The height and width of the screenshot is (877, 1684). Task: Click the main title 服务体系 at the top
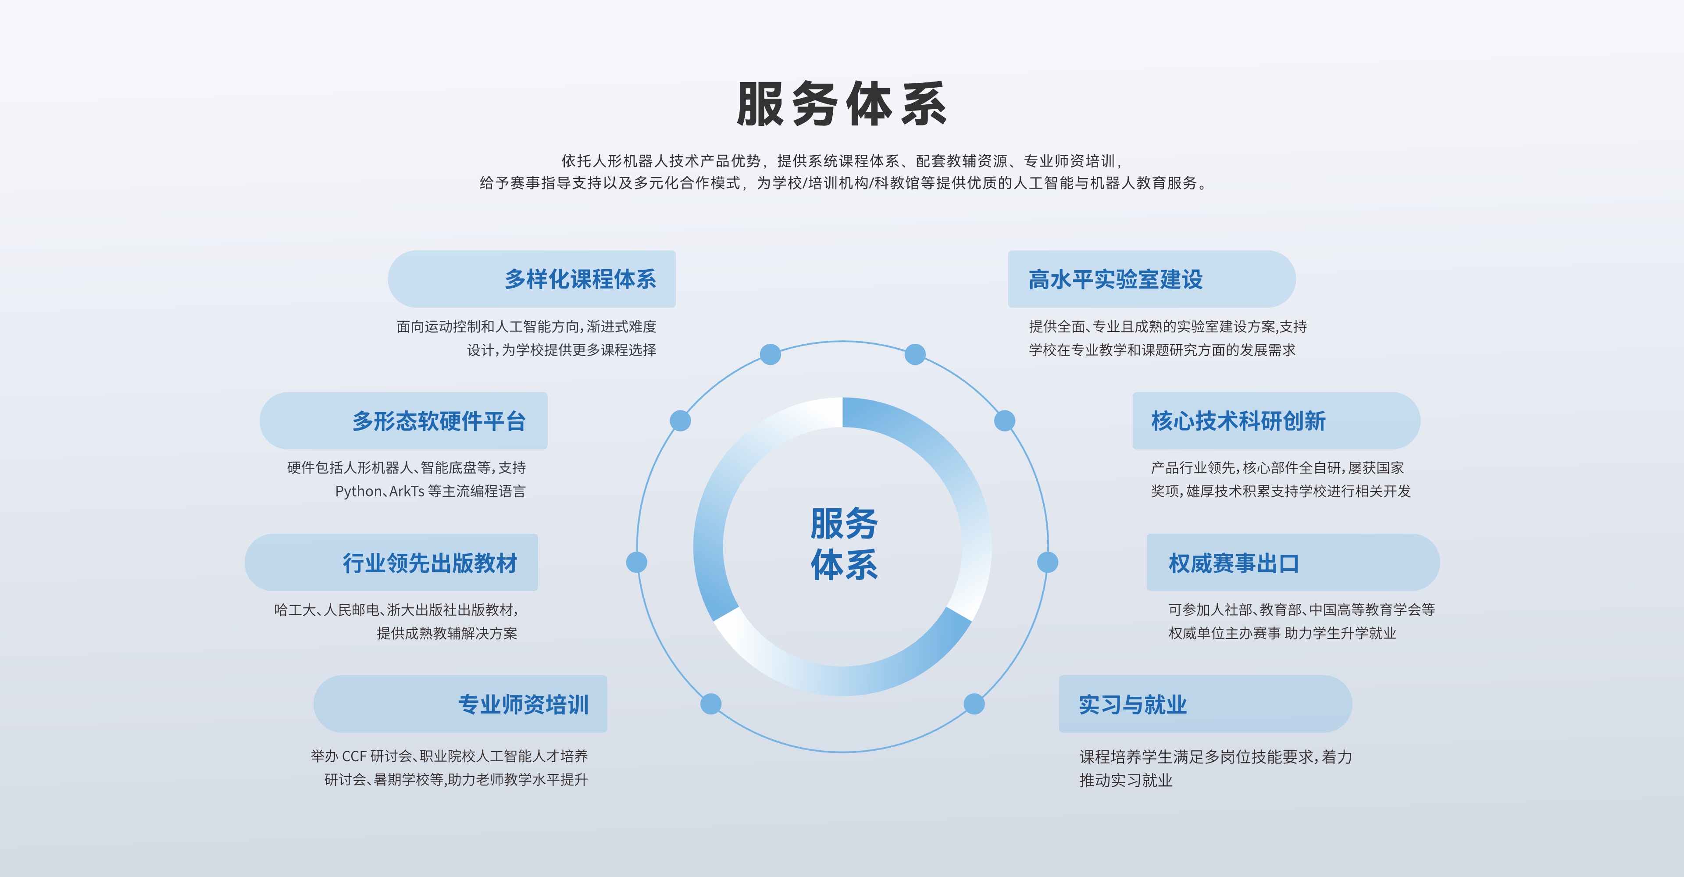pos(842,104)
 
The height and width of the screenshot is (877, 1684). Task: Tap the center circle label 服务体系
pos(843,544)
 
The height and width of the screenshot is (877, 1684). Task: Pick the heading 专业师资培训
pos(523,705)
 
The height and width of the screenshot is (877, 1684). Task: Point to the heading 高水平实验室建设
pos(1115,279)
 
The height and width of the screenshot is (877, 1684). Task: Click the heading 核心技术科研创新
pos(1238,421)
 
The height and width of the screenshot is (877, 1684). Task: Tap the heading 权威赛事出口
pos(1234,563)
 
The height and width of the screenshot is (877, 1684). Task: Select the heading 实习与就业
pos(1132,705)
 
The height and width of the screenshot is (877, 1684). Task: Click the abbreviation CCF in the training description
pos(353,756)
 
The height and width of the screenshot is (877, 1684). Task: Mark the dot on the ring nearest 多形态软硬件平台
pos(681,421)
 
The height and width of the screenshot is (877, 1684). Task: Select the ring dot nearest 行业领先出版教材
pos(637,562)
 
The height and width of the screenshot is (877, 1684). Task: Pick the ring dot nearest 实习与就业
pos(974,704)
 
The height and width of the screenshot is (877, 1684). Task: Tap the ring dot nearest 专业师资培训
pos(710,704)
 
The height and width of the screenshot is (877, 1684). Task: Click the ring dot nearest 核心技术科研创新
pos(1004,421)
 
